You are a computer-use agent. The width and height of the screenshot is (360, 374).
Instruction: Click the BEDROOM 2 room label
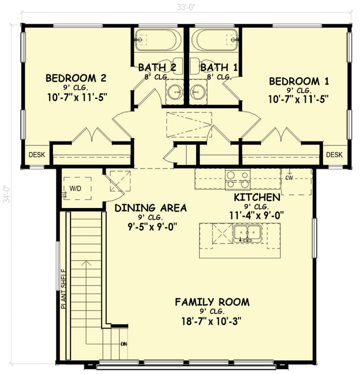(x=76, y=78)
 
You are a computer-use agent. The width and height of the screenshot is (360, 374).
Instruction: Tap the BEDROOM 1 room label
(x=299, y=81)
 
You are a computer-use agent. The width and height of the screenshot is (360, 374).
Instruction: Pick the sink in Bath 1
(x=197, y=91)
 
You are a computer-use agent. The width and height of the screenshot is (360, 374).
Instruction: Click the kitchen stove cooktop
(x=237, y=179)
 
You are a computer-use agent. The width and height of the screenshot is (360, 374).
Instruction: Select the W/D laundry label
(x=75, y=189)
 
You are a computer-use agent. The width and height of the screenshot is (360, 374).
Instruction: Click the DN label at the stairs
(x=124, y=344)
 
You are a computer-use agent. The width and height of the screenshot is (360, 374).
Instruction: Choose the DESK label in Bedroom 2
(x=37, y=155)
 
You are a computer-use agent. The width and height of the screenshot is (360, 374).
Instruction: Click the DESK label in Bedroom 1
(x=334, y=155)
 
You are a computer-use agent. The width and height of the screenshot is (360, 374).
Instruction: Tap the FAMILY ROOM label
(x=212, y=302)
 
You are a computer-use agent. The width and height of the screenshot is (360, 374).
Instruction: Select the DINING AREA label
(x=150, y=208)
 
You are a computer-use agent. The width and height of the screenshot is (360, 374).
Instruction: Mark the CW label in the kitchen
(x=289, y=177)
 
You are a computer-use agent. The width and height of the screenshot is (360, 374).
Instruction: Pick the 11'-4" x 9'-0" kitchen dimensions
(x=256, y=216)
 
